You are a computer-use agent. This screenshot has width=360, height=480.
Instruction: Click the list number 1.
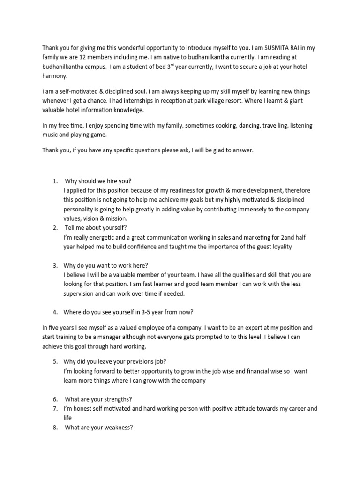pos(55,181)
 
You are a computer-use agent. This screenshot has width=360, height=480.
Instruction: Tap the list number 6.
pos(55,399)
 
